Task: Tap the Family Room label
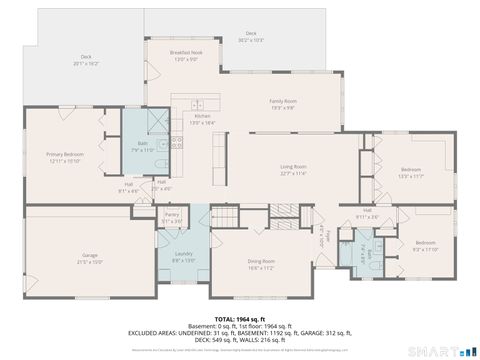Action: (283, 104)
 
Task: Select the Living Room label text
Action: (292, 169)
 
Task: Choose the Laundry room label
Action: (183, 256)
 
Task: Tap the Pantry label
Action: (172, 217)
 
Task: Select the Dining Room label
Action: (261, 264)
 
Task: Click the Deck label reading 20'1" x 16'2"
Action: (86, 60)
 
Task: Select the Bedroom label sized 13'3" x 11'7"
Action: (412, 172)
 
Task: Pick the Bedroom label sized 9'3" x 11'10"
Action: (425, 245)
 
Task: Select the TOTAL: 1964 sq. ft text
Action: (239, 318)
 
